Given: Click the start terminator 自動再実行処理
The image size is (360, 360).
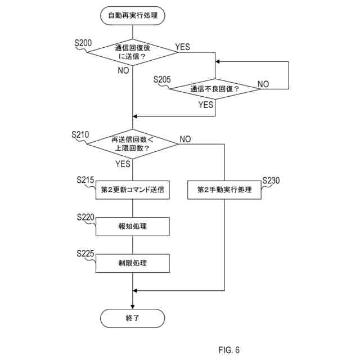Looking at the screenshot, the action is (x=133, y=15).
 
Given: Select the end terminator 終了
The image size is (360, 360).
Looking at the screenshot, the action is (x=133, y=318).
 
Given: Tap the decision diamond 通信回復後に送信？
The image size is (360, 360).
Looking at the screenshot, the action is (x=133, y=52).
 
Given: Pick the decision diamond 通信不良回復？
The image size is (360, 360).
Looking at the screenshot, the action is (x=215, y=89).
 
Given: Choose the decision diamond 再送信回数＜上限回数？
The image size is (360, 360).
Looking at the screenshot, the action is (x=133, y=144).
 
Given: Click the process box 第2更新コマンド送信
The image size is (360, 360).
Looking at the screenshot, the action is (x=133, y=190).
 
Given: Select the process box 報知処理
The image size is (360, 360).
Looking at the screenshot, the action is (x=133, y=227).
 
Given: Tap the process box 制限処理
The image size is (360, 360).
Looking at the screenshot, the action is (x=133, y=263).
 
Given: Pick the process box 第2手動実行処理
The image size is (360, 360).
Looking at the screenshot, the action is (x=224, y=190).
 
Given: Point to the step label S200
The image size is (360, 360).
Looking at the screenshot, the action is (x=83, y=43).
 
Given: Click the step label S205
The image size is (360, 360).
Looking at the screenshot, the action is (x=162, y=79).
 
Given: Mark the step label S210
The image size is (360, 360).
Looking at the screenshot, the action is (x=80, y=134).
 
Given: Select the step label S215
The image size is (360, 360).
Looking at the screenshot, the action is (x=85, y=180).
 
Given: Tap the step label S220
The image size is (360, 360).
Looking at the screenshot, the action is (x=85, y=217).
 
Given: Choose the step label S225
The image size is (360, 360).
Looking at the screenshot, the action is (x=85, y=254).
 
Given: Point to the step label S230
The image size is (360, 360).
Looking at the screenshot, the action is (x=271, y=181).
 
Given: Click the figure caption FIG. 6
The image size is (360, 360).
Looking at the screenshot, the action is (x=229, y=350).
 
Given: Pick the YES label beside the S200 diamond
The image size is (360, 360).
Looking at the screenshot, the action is (x=182, y=47).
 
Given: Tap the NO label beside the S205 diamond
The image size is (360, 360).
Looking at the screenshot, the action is (x=263, y=84).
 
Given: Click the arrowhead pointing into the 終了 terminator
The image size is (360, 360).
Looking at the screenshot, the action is (x=133, y=307).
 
